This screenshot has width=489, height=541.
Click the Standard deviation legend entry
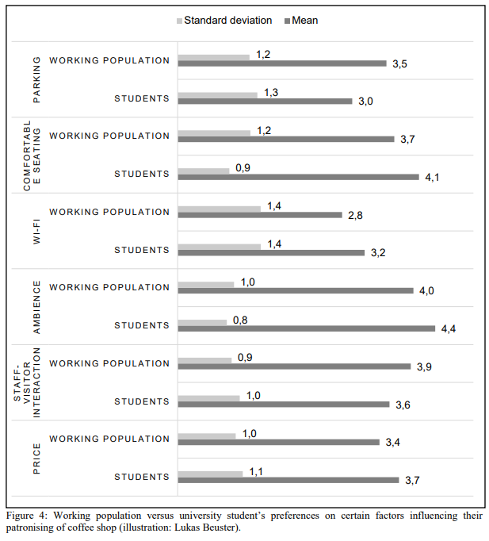click(x=224, y=21)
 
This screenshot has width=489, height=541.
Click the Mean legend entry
click(x=301, y=21)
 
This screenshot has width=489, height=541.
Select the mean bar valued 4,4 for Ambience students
click(x=307, y=329)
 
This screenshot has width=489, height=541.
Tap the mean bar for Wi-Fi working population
click(x=260, y=215)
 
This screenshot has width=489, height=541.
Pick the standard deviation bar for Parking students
click(x=217, y=95)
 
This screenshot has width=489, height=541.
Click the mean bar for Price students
click(x=288, y=480)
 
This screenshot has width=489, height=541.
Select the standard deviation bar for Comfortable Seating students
click(x=204, y=171)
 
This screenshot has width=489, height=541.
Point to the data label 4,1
click(x=432, y=178)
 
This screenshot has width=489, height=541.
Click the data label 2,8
click(x=355, y=215)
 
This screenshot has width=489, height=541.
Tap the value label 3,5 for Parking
click(x=399, y=63)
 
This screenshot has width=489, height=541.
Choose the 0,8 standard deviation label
click(x=240, y=320)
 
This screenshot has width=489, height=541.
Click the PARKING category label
click(x=36, y=79)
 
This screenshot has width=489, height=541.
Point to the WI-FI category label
click(x=36, y=232)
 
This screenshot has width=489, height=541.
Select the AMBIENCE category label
click(x=36, y=307)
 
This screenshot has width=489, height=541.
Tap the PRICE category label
click(x=36, y=459)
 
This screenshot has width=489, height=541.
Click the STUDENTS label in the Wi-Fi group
click(x=142, y=250)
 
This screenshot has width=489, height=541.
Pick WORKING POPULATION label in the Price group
click(x=109, y=439)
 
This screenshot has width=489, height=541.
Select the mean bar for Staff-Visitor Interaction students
click(x=284, y=405)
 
